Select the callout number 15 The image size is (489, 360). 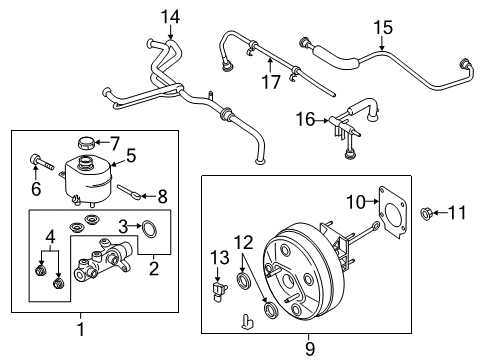383,27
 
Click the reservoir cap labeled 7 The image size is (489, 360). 84,142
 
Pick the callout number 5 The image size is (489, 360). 130,156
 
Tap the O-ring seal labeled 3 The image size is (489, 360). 150,232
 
